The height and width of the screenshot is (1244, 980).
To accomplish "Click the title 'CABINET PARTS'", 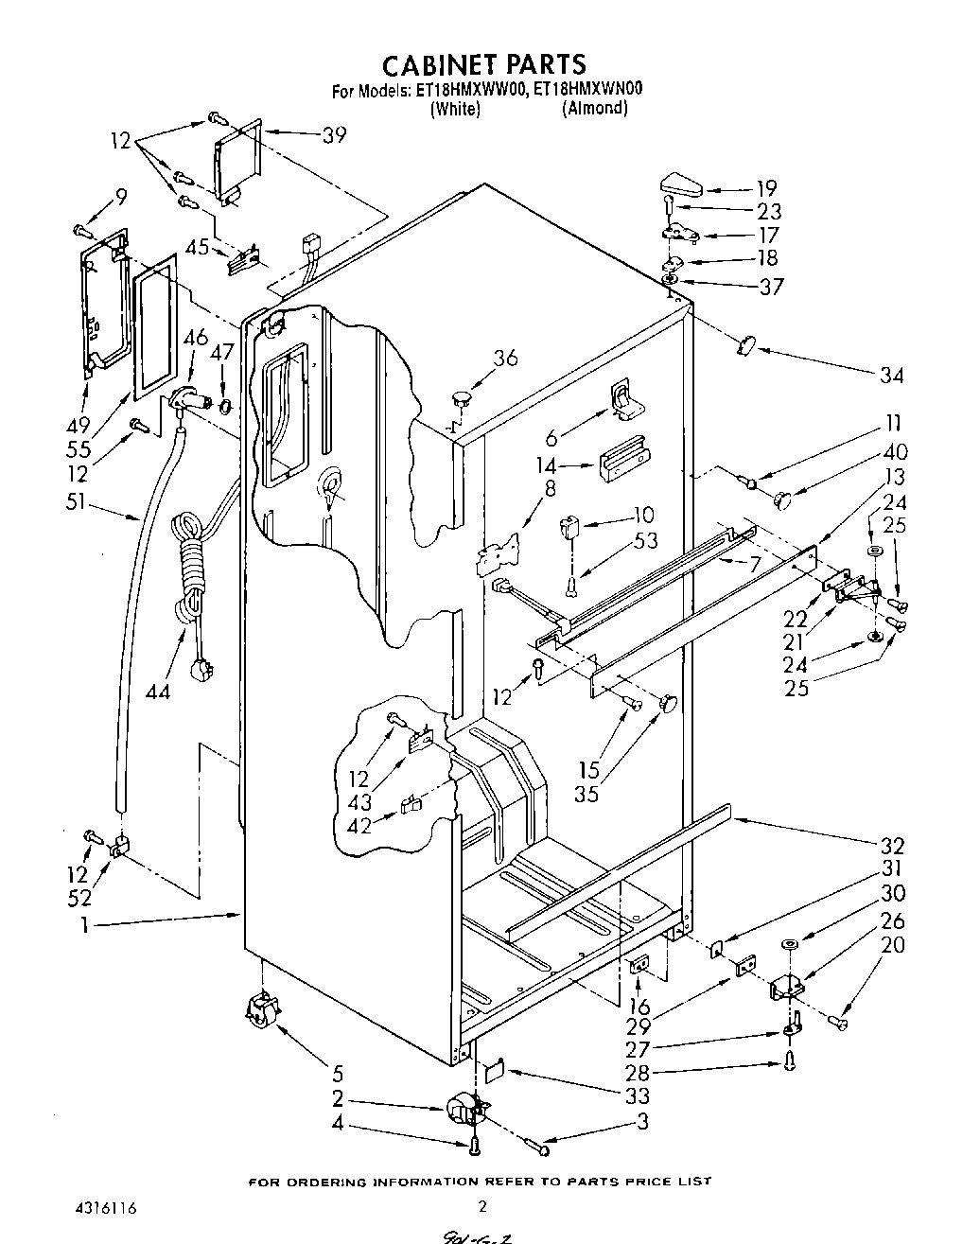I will pyautogui.click(x=483, y=63).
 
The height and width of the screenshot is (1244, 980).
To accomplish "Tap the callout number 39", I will pyautogui.click(x=334, y=135).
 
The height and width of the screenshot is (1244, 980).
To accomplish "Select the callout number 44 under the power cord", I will pyautogui.click(x=158, y=692).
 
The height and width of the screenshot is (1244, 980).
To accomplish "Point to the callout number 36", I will pyautogui.click(x=506, y=357).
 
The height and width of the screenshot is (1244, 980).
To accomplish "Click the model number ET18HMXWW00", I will pyautogui.click(x=462, y=91).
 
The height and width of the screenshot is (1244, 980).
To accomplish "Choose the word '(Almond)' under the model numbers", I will pyautogui.click(x=594, y=108).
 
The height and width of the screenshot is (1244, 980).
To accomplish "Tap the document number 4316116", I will pyautogui.click(x=103, y=1208).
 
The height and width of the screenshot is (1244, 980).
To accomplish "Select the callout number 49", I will pyautogui.click(x=77, y=423).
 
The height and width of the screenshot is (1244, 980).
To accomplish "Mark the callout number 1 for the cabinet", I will pyautogui.click(x=84, y=926).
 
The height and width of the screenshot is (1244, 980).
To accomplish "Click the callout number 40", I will pyautogui.click(x=895, y=451).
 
